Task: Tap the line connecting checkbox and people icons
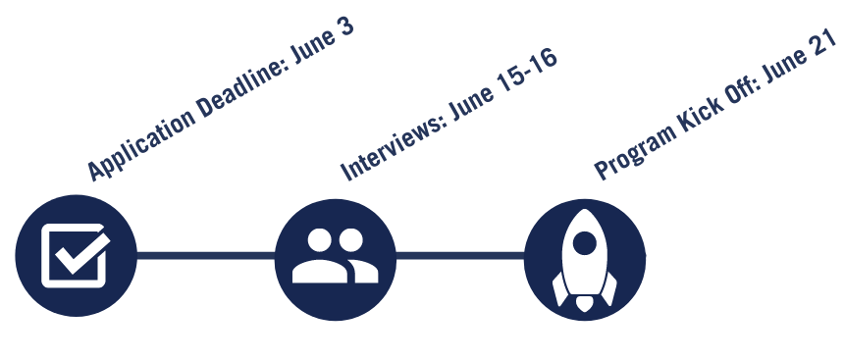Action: (205, 256)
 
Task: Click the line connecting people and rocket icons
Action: (459, 257)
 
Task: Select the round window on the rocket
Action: (586, 240)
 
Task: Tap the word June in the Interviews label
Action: (473, 96)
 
